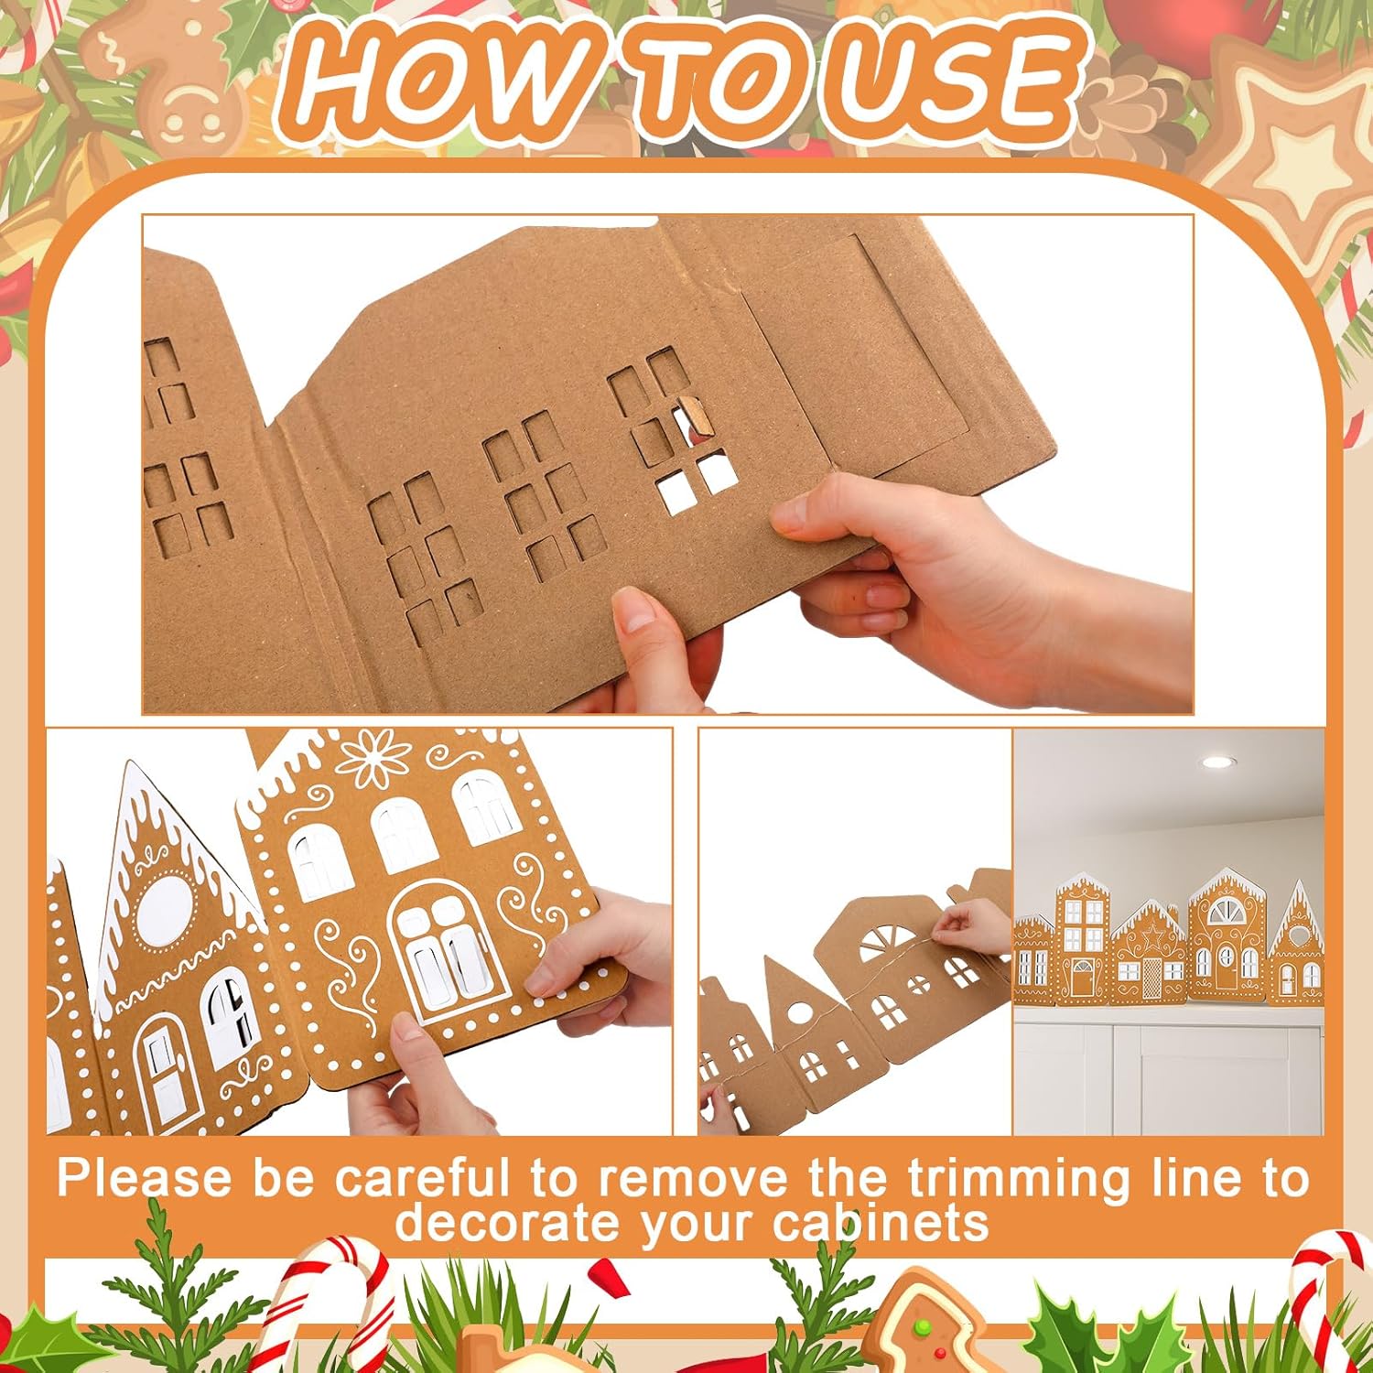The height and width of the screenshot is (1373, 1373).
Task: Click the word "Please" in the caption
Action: [144, 1178]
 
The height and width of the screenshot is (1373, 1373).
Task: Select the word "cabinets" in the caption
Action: [881, 1223]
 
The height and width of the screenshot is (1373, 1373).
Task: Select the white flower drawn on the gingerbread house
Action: [374, 758]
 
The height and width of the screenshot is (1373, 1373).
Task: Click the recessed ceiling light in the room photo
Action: [1217, 762]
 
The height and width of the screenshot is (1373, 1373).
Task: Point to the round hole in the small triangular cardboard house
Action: [798, 1013]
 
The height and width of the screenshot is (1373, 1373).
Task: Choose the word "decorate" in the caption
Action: [507, 1223]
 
